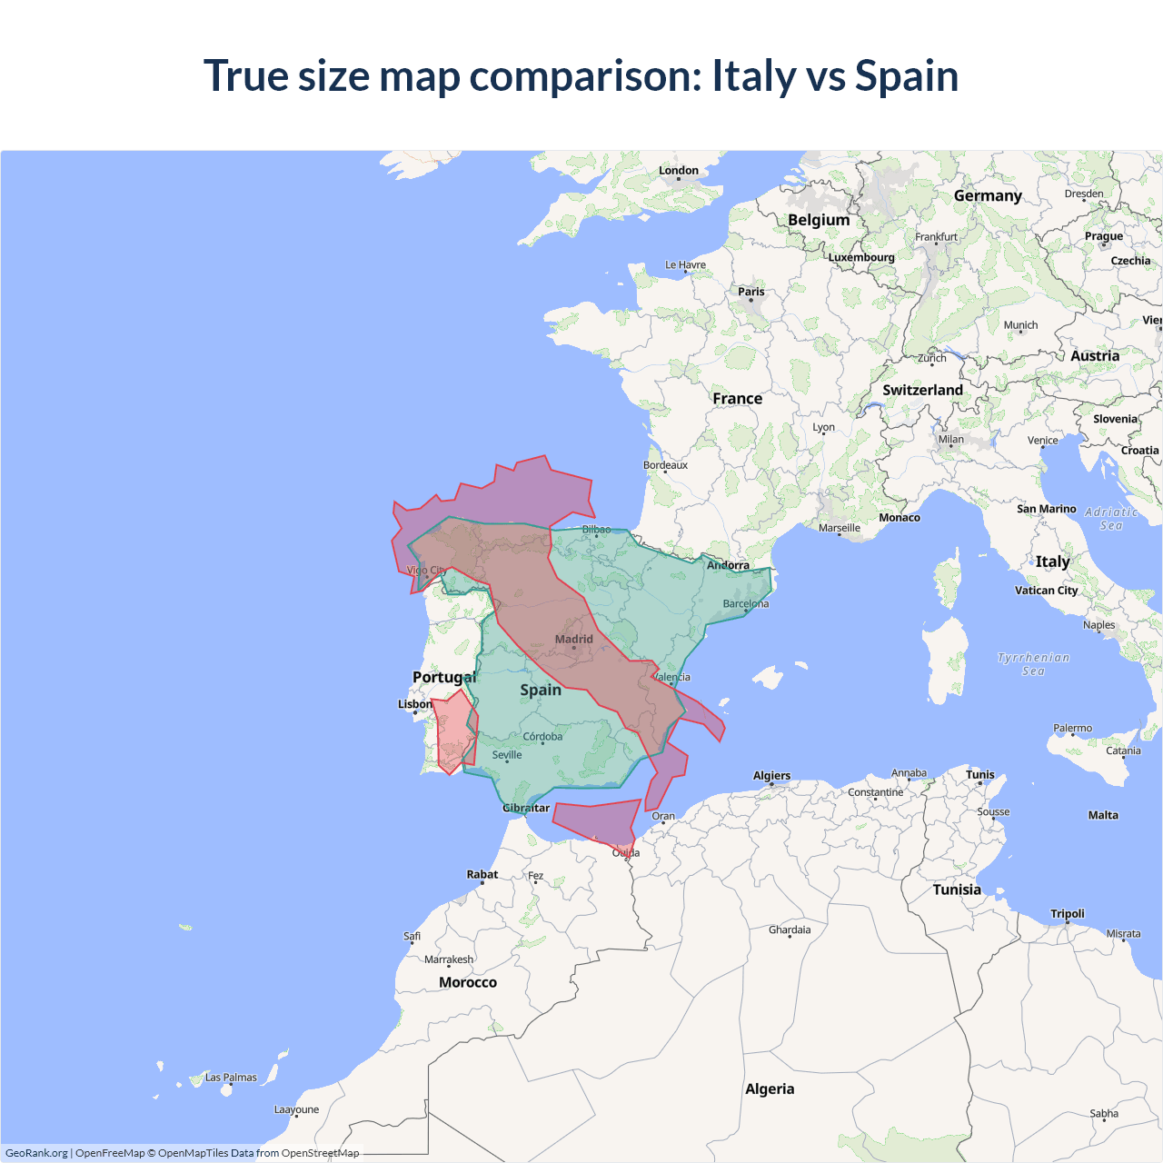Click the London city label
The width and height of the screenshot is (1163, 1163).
[679, 170]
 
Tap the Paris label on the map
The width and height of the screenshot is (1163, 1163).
[750, 292]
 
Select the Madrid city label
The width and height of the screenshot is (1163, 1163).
[573, 639]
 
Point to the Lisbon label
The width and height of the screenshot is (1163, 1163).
[414, 704]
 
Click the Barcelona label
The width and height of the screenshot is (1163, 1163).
[745, 603]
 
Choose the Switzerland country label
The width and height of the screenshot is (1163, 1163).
[922, 390]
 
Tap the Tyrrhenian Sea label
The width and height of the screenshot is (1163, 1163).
[1033, 664]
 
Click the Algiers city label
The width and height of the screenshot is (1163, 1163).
[771, 775]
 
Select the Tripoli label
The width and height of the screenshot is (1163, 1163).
[1068, 913]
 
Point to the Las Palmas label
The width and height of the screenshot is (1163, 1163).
[231, 1077]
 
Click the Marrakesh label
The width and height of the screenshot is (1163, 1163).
[449, 959]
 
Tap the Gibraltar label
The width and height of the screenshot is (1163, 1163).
[526, 808]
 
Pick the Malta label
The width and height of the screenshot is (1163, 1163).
[1103, 815]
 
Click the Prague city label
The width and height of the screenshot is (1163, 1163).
[1103, 236]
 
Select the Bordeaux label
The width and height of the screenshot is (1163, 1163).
[665, 465]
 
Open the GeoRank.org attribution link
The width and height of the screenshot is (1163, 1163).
[36, 1153]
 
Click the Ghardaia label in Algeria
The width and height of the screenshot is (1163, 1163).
[790, 929]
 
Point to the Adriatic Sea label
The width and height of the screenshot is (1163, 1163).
[1111, 519]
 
